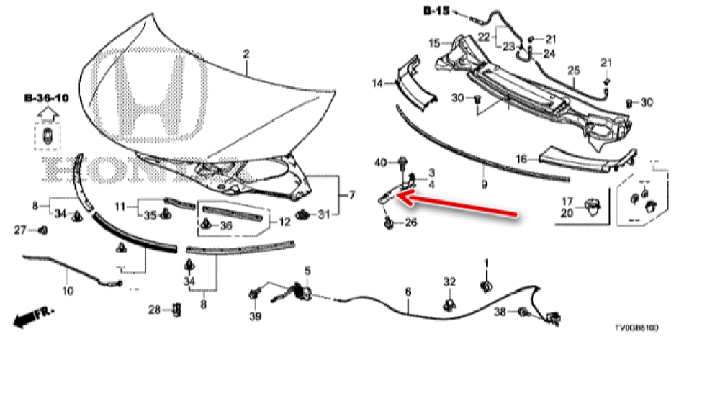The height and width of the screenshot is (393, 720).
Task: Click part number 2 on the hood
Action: coord(246,54)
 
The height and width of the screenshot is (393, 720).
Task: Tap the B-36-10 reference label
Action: coord(46,97)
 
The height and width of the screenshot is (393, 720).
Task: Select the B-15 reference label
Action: coord(436,11)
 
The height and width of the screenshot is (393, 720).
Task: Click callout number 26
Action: coord(410,222)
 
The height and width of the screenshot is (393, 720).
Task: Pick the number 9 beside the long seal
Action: coord(485,185)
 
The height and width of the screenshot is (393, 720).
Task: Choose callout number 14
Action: coord(377,83)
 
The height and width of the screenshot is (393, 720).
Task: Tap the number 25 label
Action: coord(573,70)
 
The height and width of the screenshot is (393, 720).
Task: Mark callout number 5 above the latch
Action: coord(307,271)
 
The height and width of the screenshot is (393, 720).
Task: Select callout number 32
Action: coord(449,281)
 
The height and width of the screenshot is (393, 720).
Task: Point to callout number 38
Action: coord(500,312)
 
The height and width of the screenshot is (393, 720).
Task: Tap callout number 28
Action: coord(153,310)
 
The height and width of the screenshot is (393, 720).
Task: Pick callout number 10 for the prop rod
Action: coord(68,292)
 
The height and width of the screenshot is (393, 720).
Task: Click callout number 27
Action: coord(22,230)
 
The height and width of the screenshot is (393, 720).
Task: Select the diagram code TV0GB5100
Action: coord(636,327)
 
